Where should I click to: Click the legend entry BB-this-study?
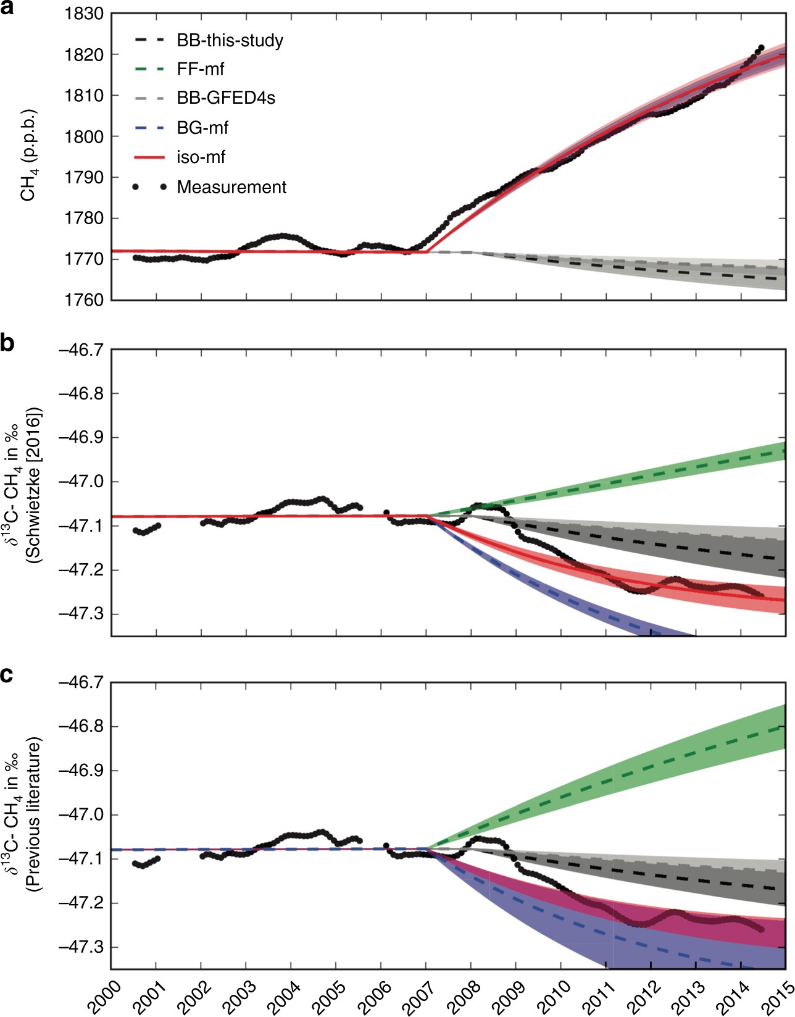click(x=230, y=41)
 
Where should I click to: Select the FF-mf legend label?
click(x=201, y=69)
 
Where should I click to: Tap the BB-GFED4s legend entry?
click(x=225, y=98)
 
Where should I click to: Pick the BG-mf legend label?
click(x=202, y=128)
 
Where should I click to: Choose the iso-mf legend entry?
click(x=201, y=157)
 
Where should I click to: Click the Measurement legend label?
click(x=231, y=187)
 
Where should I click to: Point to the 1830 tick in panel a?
click(x=83, y=14)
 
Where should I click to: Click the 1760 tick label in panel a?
click(x=83, y=300)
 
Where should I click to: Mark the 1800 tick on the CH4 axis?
click(x=83, y=136)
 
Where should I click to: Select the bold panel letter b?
click(x=7, y=343)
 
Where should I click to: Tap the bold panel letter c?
click(x=7, y=676)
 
